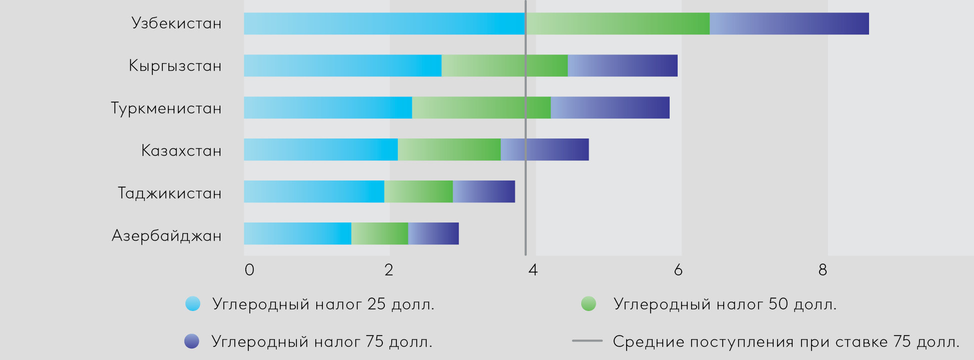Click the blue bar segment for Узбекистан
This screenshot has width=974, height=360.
[x=384, y=23]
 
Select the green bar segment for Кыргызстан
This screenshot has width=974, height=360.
[x=504, y=65]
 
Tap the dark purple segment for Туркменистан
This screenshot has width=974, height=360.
[x=610, y=107]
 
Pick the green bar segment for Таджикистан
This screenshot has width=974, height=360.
[x=418, y=191]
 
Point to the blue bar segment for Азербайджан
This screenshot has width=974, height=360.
[x=297, y=233]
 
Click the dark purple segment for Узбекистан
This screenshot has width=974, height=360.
[x=789, y=23]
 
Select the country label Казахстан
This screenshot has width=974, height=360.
[x=181, y=150]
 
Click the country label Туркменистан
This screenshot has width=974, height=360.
[x=166, y=108]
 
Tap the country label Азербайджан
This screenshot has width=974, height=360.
[x=166, y=235]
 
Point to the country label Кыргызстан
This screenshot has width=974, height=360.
[x=175, y=66]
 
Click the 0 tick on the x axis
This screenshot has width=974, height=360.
[x=249, y=270]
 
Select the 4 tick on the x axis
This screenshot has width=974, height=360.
[x=533, y=270]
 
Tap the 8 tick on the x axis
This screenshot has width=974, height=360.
[x=823, y=270]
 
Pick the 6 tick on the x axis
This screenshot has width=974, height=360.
[x=678, y=270]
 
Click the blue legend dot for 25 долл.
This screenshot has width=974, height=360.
[x=192, y=303]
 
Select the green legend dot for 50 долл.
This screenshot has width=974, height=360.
[x=589, y=303]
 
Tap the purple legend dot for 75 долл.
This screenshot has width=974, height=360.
[x=192, y=341]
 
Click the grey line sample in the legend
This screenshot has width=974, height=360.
[x=587, y=341]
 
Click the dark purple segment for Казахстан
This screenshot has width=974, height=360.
[x=544, y=149]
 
